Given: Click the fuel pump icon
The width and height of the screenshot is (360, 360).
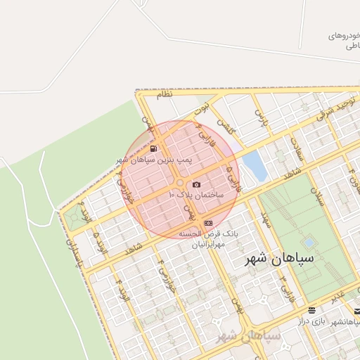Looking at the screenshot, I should [154, 148].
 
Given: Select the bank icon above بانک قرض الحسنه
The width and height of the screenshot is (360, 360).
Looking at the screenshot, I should [207, 223].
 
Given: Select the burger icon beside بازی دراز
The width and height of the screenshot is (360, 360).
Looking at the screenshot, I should [311, 310].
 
